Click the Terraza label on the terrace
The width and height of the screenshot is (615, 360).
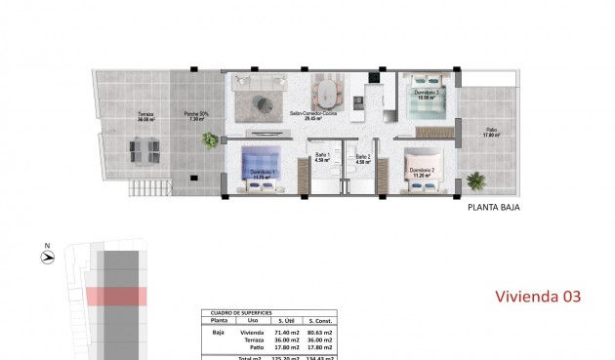tap(145, 117)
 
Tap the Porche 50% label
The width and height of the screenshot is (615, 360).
tap(193, 117)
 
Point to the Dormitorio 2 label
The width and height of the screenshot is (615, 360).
tap(423, 171)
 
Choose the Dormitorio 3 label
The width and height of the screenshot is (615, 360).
tap(426, 96)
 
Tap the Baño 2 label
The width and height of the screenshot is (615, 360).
tap(363, 158)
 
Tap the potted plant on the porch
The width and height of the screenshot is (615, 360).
tap(210, 140)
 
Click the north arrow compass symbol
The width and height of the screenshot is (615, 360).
tap(47, 257)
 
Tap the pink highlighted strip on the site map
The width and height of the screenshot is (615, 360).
tap(114, 297)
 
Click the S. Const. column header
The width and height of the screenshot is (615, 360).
tap(322, 320)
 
